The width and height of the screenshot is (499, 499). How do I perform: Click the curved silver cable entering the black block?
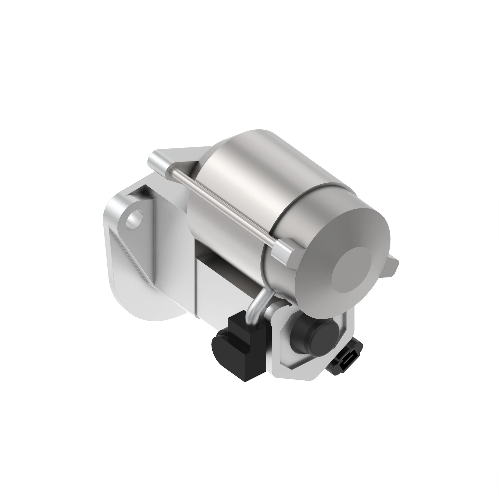coord(256,307)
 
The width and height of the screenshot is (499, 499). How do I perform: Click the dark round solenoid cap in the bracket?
coord(314,336)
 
